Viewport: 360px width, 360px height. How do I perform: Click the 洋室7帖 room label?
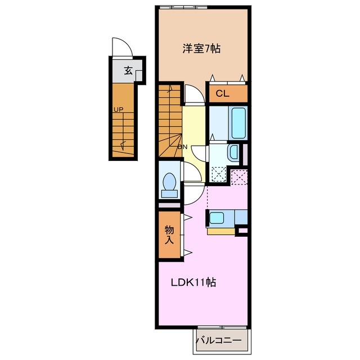tap(201, 49)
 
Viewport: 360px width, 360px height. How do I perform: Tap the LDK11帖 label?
tap(193, 282)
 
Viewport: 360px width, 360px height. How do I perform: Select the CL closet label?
tap(222, 93)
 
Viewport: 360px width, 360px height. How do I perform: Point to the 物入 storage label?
tap(169, 235)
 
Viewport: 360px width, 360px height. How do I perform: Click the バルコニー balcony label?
tap(219, 340)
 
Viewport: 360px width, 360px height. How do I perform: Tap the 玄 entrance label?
tap(128, 70)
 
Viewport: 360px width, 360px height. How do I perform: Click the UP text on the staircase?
tap(119, 110)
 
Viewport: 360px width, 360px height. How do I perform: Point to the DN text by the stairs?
tap(183, 147)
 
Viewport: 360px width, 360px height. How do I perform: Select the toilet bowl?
tap(169, 185)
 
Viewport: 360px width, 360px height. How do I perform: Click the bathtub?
tap(238, 123)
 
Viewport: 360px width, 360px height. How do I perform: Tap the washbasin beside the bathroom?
tap(234, 152)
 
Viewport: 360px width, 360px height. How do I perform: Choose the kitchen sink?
tap(217, 218)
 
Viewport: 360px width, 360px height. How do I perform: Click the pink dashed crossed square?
tap(239, 177)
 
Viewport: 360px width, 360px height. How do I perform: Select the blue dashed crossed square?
tap(219, 174)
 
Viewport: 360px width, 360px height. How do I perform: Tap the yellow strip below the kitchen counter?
tap(221, 231)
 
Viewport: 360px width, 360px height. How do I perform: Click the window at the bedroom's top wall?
tap(183, 7)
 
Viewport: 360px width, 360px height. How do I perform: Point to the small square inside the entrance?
tap(139, 76)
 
